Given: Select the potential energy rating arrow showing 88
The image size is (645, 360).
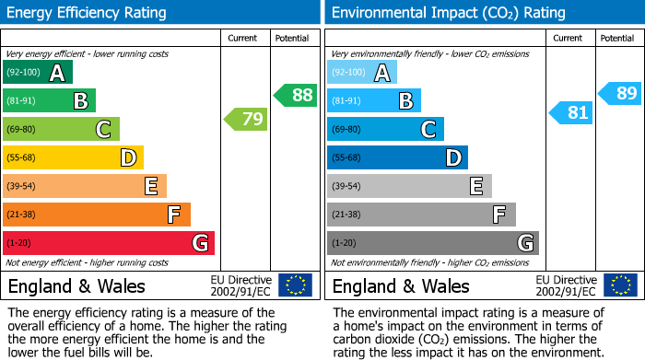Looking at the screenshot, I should click(x=295, y=95).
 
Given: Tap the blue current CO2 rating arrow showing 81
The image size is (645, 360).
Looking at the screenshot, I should click(x=570, y=112).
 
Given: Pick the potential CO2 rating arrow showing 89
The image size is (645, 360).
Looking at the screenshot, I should click(x=620, y=92).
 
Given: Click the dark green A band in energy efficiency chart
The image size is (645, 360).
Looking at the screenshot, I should click(x=38, y=73).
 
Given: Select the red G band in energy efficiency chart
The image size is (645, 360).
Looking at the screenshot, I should click(x=109, y=243).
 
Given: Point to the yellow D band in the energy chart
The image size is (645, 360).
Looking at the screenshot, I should click(x=74, y=157).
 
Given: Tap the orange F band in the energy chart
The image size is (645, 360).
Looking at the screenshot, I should click(x=97, y=215).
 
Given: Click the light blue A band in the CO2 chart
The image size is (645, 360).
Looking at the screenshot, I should click(x=362, y=73).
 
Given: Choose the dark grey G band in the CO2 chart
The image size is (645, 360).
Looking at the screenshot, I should click(x=433, y=243).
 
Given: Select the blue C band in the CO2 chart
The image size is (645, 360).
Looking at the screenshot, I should click(x=385, y=129).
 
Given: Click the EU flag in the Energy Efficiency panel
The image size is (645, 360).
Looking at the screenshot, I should click(x=295, y=285).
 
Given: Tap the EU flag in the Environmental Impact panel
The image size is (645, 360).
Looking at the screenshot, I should click(x=620, y=285).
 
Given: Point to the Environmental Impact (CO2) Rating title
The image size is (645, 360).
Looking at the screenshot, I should click(x=448, y=13).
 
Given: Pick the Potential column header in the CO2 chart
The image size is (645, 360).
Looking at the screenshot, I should click(x=617, y=38).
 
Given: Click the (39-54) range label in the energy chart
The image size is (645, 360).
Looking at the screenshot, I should click(x=22, y=186).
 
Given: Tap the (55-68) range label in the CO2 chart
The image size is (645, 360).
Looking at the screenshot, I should click(x=346, y=157).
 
